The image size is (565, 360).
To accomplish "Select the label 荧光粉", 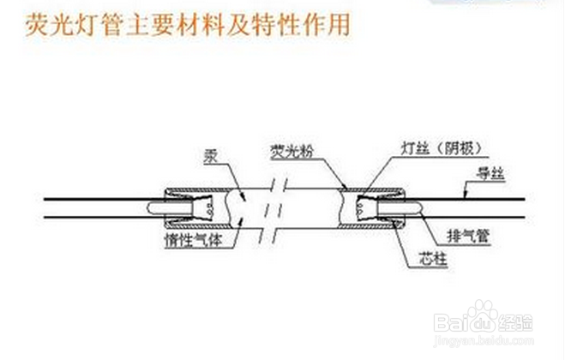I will click(286, 151).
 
